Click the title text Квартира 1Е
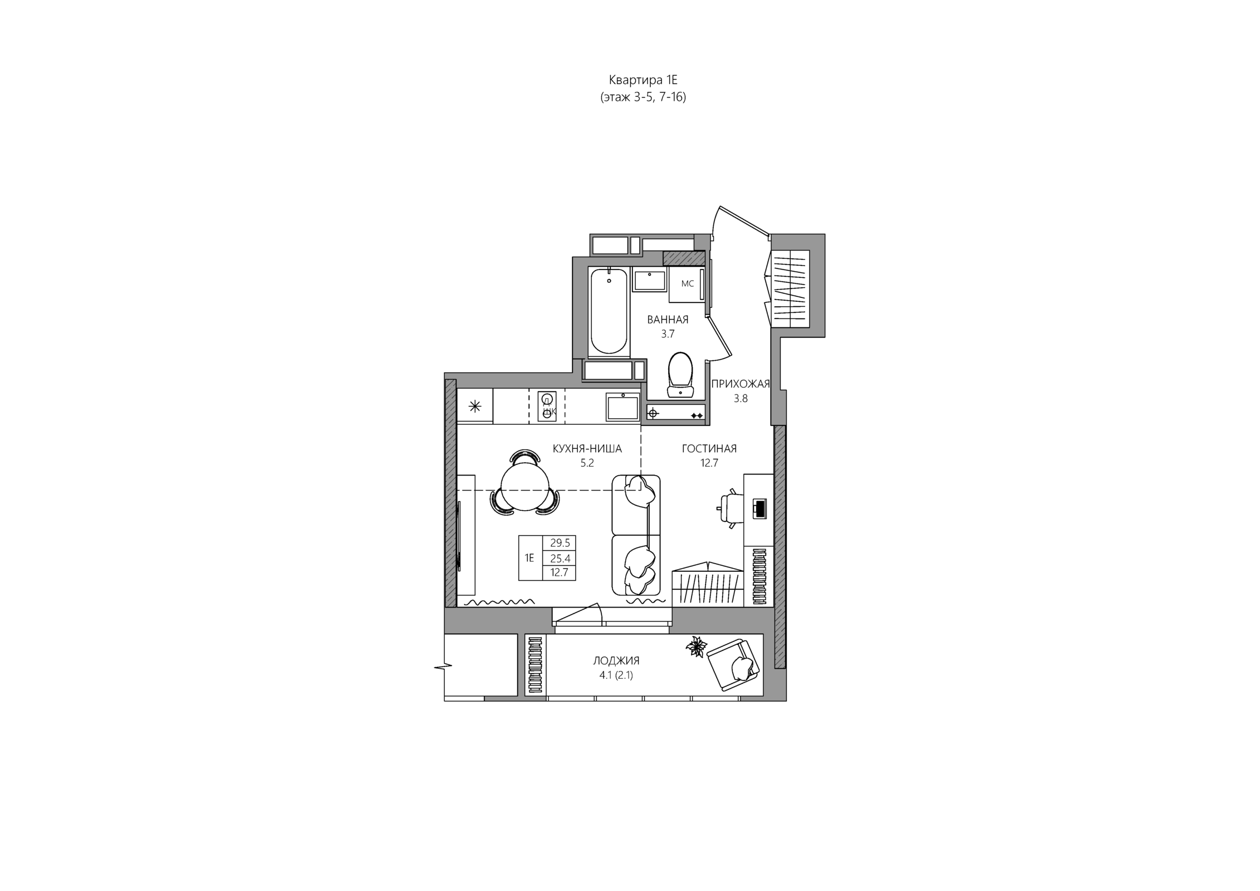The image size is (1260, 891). click(x=643, y=80)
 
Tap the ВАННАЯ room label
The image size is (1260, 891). click(x=668, y=320)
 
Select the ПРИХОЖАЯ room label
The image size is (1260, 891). click(x=741, y=384)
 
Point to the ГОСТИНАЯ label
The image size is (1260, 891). click(x=709, y=449)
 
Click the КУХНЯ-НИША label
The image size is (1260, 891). click(x=587, y=449)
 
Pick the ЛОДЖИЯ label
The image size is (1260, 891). click(x=616, y=661)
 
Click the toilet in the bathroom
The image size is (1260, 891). click(x=680, y=375)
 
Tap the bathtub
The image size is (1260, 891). click(x=609, y=312)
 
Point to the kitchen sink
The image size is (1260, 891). click(x=622, y=407)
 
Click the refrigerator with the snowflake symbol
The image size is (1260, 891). click(x=475, y=407)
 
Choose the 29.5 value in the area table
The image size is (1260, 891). click(x=560, y=544)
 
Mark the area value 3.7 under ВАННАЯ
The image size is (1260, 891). click(x=668, y=334)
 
